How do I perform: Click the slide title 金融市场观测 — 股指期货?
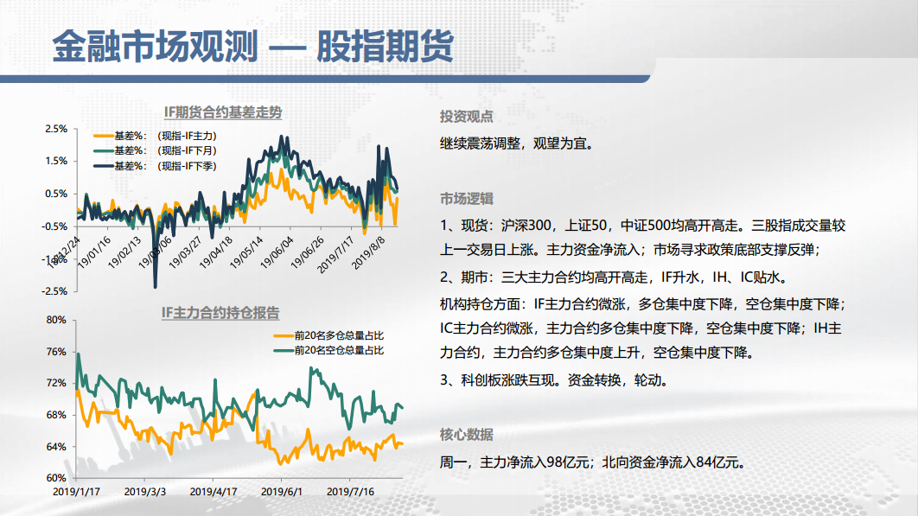pyautogui.click(x=253, y=46)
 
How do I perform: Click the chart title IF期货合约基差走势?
pyautogui.click(x=223, y=112)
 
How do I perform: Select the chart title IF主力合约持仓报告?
pyautogui.click(x=220, y=313)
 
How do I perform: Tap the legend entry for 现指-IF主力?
pyautogui.click(x=155, y=136)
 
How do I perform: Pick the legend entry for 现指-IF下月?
pyautogui.click(x=155, y=150)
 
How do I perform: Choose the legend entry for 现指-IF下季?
pyautogui.click(x=155, y=166)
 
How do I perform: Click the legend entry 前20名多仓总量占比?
pyautogui.click(x=328, y=335)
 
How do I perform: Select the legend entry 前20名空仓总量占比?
pyautogui.click(x=328, y=350)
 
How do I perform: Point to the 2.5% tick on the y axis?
pyautogui.click(x=56, y=129)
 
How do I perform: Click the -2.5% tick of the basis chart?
pyautogui.click(x=54, y=291)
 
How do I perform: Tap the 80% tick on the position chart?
pyautogui.click(x=56, y=320)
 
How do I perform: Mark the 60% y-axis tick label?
pyautogui.click(x=56, y=478)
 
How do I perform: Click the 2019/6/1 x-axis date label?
pyautogui.click(x=282, y=492)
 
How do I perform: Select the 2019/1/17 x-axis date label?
pyautogui.click(x=76, y=492)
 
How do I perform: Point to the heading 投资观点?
pyautogui.click(x=467, y=117)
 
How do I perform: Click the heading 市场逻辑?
pyautogui.click(x=467, y=199)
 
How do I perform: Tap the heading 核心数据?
pyautogui.click(x=467, y=435)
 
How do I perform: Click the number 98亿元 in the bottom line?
pyautogui.click(x=567, y=462)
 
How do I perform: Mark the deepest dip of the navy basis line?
pyautogui.click(x=155, y=286)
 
